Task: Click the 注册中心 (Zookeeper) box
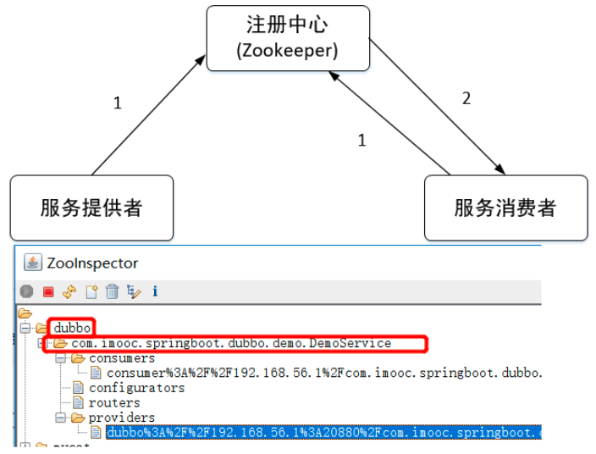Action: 288,37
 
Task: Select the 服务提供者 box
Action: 91,208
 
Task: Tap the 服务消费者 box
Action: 505,208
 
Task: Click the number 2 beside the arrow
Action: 466,98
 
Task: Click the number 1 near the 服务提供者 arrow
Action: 118,103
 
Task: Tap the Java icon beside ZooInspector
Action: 33,263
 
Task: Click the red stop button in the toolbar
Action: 48,291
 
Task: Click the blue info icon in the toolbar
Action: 155,291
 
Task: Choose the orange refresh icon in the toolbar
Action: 69,291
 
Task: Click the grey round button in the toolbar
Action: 27,291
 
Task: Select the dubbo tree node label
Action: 72,328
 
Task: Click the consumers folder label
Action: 122,358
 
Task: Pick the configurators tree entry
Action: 136,388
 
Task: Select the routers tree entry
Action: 114,402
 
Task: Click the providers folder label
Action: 122,418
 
